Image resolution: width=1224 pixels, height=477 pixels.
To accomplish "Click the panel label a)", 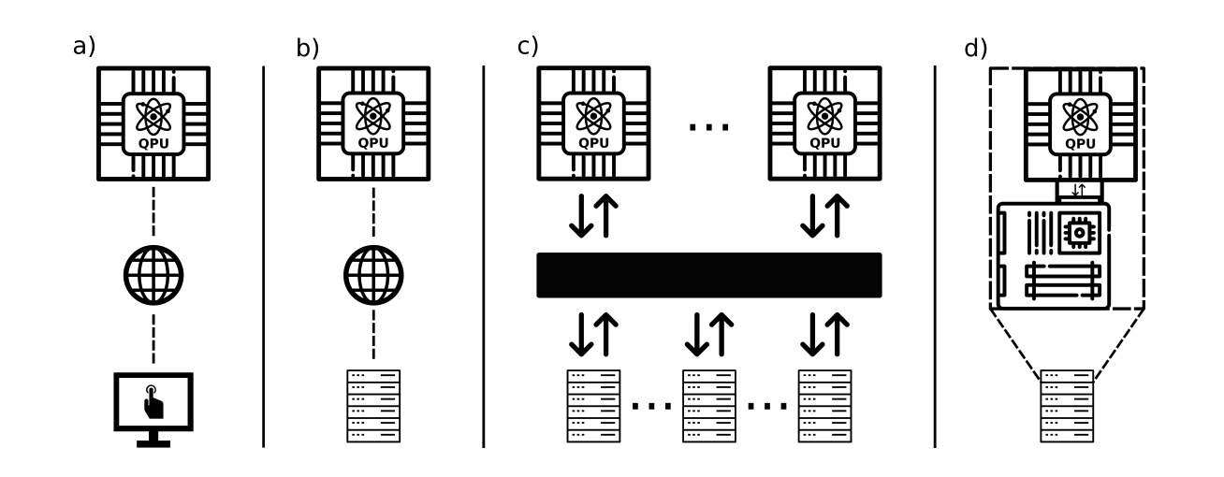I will (x=84, y=46).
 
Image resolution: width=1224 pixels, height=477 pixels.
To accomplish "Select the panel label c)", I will (x=529, y=46).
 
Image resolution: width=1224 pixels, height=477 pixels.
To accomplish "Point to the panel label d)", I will (x=976, y=49).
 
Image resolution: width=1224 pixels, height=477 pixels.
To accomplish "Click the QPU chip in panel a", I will (x=153, y=123).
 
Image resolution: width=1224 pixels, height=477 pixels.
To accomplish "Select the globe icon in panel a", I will (x=153, y=275).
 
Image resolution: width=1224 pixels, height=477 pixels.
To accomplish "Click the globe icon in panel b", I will (x=373, y=275).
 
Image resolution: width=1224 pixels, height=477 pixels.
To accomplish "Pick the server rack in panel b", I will (x=373, y=406).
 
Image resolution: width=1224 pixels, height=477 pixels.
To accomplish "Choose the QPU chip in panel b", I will (x=373, y=123).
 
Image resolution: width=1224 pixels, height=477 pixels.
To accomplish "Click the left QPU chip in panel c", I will (x=592, y=123).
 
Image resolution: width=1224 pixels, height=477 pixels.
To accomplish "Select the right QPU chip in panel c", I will (x=823, y=123).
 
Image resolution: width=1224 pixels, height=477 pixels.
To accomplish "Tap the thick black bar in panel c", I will (x=708, y=275).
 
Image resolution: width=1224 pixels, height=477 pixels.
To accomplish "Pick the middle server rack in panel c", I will (x=708, y=406).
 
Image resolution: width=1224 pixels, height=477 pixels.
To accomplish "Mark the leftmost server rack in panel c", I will (x=593, y=406).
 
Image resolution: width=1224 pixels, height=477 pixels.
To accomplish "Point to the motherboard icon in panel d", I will (x=1054, y=254).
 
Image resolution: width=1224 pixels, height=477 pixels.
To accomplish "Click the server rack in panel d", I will (x=1067, y=406).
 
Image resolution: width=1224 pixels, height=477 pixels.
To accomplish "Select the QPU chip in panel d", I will (x=1080, y=123).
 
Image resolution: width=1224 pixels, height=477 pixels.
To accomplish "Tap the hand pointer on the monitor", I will (x=153, y=402).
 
